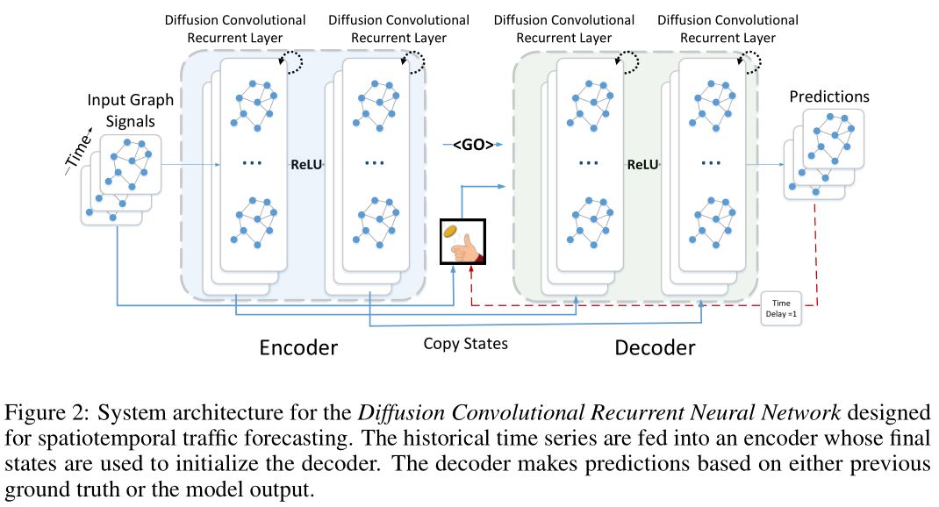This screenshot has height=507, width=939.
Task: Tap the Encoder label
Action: point(298,347)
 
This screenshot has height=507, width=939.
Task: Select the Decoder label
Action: point(655,347)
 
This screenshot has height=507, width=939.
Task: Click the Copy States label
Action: point(465,343)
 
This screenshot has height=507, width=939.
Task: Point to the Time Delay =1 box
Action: point(779,307)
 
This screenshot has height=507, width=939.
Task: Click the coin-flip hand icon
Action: point(462,241)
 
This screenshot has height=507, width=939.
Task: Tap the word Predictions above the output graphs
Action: point(828,96)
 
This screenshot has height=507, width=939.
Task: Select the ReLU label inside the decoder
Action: point(642,163)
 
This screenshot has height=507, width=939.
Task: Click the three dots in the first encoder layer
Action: point(252,164)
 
